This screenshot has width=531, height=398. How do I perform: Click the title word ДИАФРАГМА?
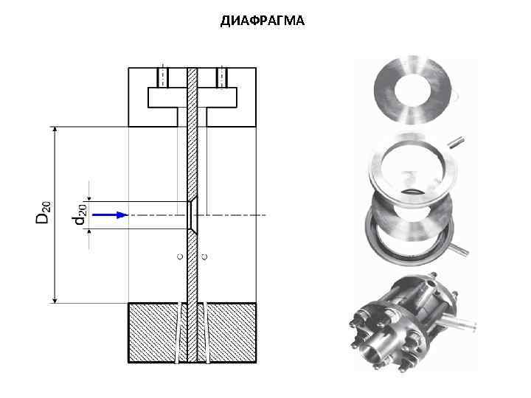[x=263, y=21]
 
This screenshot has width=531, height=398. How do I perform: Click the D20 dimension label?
[x=44, y=212]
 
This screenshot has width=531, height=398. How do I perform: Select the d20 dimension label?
[x=79, y=215]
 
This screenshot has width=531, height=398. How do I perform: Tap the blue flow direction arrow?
[x=111, y=215]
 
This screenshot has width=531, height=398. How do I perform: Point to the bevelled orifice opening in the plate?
[x=192, y=215]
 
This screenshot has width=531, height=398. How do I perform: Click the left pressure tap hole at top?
[x=163, y=78]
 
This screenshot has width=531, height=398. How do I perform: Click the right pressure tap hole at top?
[x=222, y=78]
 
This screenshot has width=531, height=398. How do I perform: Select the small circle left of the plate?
[x=180, y=256]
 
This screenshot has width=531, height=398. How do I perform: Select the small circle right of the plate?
[x=204, y=257]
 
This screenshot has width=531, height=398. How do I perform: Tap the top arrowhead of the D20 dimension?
[x=55, y=130]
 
